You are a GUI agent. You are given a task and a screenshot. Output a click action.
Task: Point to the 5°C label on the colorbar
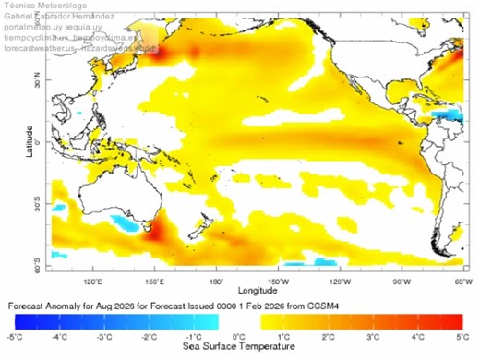tap(459, 337)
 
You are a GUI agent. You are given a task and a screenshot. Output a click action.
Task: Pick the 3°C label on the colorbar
tap(370, 337)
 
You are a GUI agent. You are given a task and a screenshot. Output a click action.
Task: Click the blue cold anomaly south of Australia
tap(125, 223)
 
